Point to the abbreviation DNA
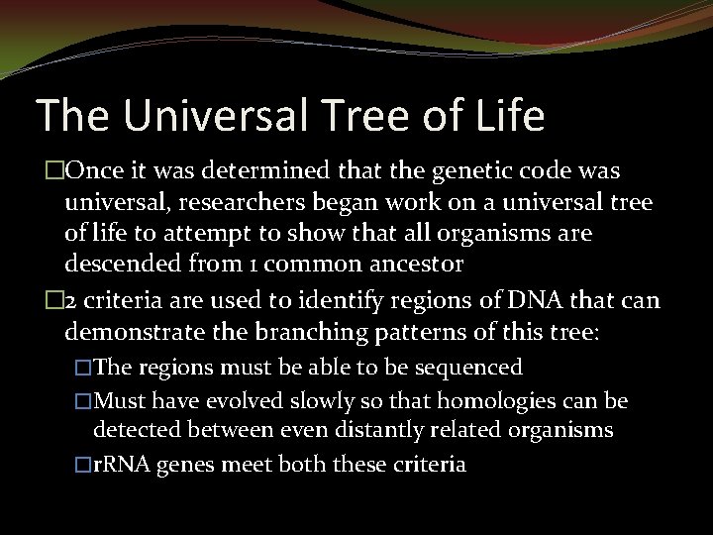pyautogui.click(x=537, y=301)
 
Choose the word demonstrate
pyautogui.click(x=130, y=332)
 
